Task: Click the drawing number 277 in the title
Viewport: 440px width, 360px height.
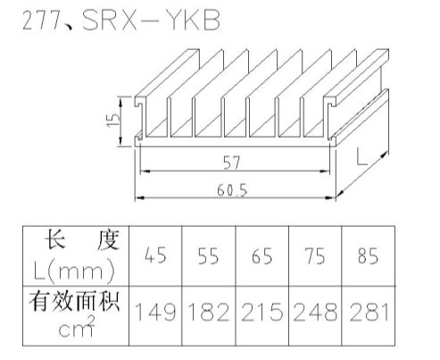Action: (x=41, y=21)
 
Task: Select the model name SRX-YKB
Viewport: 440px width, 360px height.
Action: (x=151, y=20)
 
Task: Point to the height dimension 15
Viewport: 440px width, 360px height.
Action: (x=113, y=121)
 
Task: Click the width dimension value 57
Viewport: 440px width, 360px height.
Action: (x=231, y=163)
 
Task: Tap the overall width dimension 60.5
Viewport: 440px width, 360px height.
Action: (x=232, y=190)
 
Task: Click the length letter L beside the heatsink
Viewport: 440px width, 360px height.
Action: (x=361, y=156)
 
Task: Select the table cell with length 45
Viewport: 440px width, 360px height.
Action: (x=155, y=255)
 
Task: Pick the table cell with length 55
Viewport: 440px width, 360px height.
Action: (x=208, y=255)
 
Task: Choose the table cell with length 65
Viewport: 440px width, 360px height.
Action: (x=262, y=255)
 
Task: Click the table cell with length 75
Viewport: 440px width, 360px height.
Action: (x=315, y=255)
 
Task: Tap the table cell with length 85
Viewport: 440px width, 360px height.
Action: (x=368, y=255)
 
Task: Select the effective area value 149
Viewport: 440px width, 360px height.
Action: (x=155, y=312)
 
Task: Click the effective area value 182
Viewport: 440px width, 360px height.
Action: (x=209, y=312)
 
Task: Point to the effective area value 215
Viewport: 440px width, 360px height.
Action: (x=262, y=312)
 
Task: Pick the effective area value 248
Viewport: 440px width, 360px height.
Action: (x=315, y=312)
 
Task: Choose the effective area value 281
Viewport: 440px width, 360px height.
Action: (x=369, y=312)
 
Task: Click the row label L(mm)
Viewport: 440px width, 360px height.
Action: (x=74, y=272)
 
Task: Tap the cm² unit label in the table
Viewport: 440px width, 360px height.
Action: (x=77, y=327)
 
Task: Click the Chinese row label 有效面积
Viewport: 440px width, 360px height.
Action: (x=74, y=301)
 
